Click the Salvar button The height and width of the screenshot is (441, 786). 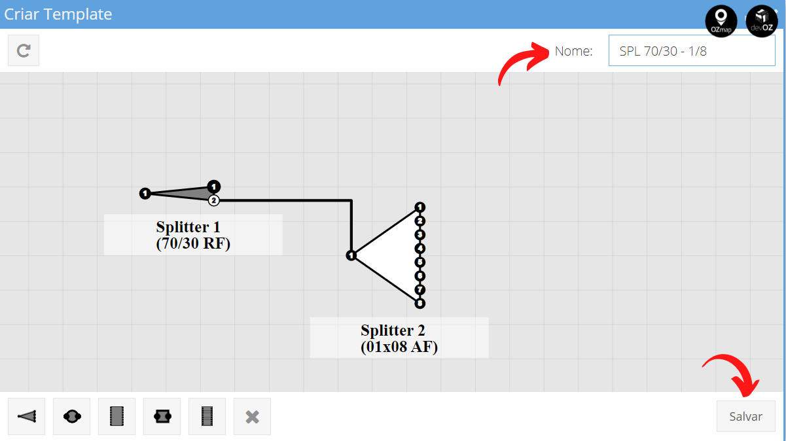745,416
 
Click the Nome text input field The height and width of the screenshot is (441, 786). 692,51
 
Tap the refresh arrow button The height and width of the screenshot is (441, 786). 24,50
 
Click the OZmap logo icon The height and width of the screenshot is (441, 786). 721,21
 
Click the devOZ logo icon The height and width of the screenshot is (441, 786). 762,21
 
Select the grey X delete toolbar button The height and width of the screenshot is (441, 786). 252,416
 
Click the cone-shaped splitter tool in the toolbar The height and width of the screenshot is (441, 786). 27,416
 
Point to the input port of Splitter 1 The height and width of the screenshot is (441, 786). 145,193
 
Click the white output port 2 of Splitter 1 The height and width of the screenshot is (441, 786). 214,200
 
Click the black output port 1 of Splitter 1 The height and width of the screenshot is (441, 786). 214,186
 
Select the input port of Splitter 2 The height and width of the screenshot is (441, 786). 351,255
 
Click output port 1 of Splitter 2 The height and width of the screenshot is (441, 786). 420,207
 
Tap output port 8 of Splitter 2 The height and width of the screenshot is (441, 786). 420,304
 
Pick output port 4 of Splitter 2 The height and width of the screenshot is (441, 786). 420,249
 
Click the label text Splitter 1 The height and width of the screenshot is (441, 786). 188,227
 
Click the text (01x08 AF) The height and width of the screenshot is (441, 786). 399,347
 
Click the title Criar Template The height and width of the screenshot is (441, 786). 58,14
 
